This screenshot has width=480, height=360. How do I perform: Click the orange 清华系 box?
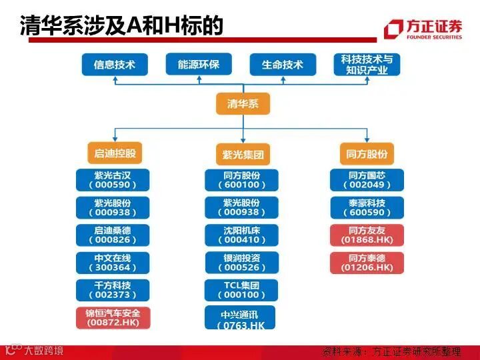(243, 104)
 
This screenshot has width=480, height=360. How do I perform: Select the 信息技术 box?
(114, 65)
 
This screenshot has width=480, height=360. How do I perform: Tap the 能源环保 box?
(198, 65)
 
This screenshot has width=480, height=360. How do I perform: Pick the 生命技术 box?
(282, 65)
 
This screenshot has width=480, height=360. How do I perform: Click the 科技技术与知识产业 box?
(367, 65)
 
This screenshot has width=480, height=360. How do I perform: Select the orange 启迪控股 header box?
(115, 153)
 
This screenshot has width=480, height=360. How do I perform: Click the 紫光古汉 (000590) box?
(112, 180)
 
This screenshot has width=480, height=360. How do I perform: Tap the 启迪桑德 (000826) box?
(112, 235)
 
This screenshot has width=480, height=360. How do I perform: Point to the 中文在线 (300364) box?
(112, 262)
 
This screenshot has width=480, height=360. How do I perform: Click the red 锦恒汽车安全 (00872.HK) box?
(112, 317)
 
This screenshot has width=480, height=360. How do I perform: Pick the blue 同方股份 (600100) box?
(241, 180)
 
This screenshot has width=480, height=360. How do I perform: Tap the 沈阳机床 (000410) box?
(241, 235)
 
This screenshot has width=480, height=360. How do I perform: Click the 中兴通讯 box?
(241, 317)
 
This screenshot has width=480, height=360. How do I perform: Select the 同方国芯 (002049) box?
(367, 180)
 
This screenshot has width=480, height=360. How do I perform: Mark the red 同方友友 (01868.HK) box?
(367, 235)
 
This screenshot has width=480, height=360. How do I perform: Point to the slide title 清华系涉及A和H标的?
(121, 25)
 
